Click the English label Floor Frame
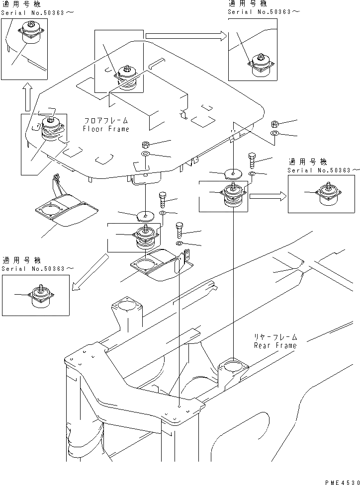point(106,129)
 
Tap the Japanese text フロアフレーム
point(106,121)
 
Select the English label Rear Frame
point(275,345)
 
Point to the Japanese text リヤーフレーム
point(275,337)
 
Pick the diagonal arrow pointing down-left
point(90,271)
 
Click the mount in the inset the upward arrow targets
point(29,34)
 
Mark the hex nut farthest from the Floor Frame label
point(274,124)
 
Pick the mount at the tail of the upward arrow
point(50,128)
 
